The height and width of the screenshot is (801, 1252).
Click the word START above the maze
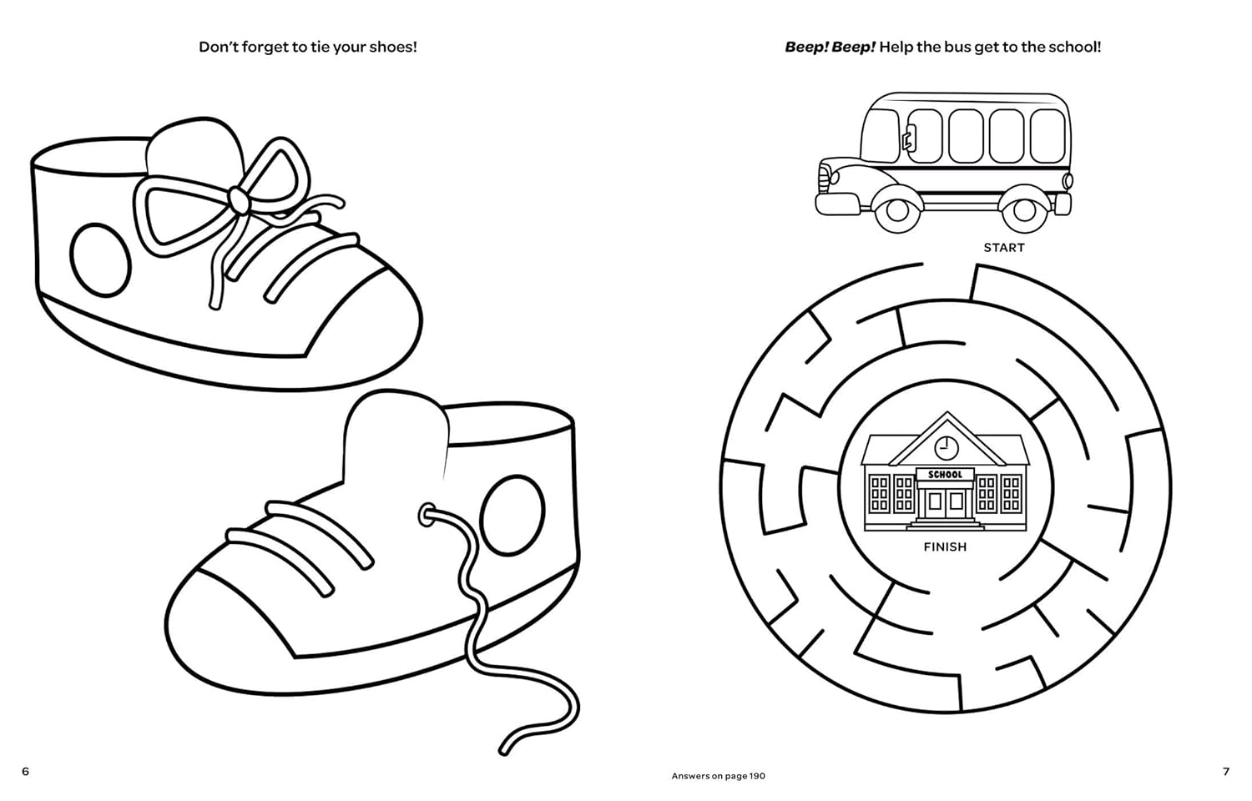tap(1004, 248)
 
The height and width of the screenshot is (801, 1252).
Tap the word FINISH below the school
tap(945, 547)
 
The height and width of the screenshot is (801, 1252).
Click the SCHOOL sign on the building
tap(945, 475)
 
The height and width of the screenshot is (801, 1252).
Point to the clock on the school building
tap(947, 447)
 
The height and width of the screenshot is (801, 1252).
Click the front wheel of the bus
tap(897, 209)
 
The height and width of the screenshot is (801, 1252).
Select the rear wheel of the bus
tap(1023, 209)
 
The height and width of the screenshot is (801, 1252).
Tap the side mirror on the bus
tap(908, 139)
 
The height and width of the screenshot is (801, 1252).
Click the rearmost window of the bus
tap(1047, 136)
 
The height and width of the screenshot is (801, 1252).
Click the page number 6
tap(25, 772)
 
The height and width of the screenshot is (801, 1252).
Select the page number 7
tap(1226, 772)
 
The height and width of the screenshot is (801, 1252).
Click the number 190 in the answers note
tap(757, 776)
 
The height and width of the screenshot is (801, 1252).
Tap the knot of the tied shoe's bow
tap(238, 199)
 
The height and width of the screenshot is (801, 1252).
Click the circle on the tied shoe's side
tap(100, 259)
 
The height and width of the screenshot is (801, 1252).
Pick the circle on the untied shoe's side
tap(512, 516)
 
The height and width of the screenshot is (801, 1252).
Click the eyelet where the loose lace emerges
tap(427, 515)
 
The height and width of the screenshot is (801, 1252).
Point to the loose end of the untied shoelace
tap(503, 751)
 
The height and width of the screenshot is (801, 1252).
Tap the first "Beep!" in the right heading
tap(806, 47)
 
